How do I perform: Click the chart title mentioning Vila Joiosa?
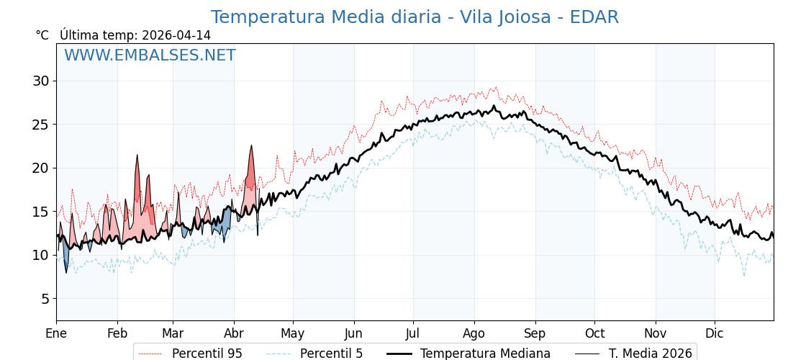pyautogui.click(x=415, y=17)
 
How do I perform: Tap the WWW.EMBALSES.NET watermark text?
pyautogui.click(x=150, y=55)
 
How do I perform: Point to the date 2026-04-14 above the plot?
pyautogui.click(x=176, y=35)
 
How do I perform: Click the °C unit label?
pyautogui.click(x=42, y=35)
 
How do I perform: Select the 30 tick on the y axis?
pyautogui.click(x=40, y=81)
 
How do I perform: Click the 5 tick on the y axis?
pyautogui.click(x=45, y=299)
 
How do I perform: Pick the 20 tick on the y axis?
pyautogui.click(x=40, y=168)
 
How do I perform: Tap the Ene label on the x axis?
pyautogui.click(x=56, y=333)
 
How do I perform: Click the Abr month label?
pyautogui.click(x=234, y=333)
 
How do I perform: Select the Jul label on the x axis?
pyautogui.click(x=413, y=333)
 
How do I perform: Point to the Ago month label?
pyautogui.click(x=474, y=333)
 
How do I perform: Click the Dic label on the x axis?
pyautogui.click(x=715, y=333)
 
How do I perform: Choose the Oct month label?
pyautogui.click(x=594, y=333)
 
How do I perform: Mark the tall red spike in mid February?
pyautogui.click(x=137, y=156)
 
